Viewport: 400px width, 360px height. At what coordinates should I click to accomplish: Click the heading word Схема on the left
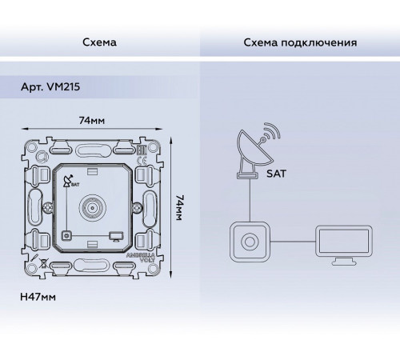click(99, 42)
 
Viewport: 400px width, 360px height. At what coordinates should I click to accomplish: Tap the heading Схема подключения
click(300, 42)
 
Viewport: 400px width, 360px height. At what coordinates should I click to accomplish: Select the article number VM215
click(63, 87)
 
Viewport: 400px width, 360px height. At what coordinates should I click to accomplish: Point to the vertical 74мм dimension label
click(179, 208)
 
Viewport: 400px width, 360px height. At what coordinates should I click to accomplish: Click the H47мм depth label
click(38, 297)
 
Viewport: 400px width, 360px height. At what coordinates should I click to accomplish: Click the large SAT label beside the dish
click(276, 174)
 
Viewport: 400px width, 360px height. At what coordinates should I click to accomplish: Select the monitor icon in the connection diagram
click(344, 245)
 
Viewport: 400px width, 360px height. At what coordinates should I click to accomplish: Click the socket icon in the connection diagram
click(250, 242)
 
